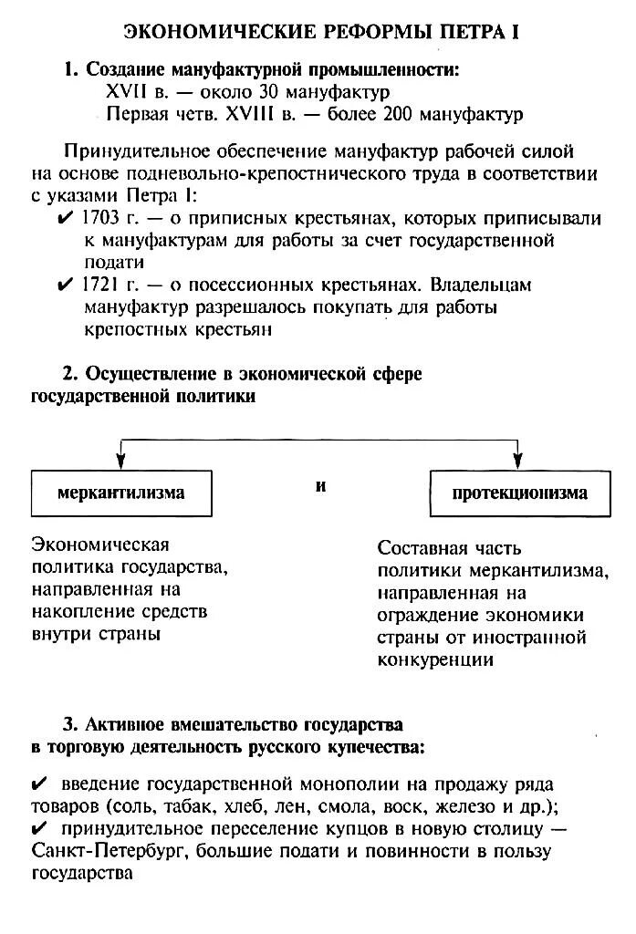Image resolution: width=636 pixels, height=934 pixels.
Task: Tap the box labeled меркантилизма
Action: pyautogui.click(x=120, y=493)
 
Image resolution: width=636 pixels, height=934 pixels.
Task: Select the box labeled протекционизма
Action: pyautogui.click(x=520, y=493)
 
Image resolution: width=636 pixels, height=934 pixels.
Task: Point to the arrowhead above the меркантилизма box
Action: pyautogui.click(x=120, y=461)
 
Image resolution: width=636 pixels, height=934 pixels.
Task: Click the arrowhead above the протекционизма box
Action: pyautogui.click(x=519, y=461)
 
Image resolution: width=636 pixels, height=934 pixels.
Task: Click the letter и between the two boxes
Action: pyautogui.click(x=320, y=486)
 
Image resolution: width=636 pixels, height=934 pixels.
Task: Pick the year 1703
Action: pyautogui.click(x=101, y=218)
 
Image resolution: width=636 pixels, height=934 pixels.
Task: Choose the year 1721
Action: pyautogui.click(x=100, y=285)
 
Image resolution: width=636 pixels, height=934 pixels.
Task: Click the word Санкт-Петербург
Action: pyautogui.click(x=109, y=851)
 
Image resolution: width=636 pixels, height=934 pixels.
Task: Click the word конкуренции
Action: pyautogui.click(x=436, y=659)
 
